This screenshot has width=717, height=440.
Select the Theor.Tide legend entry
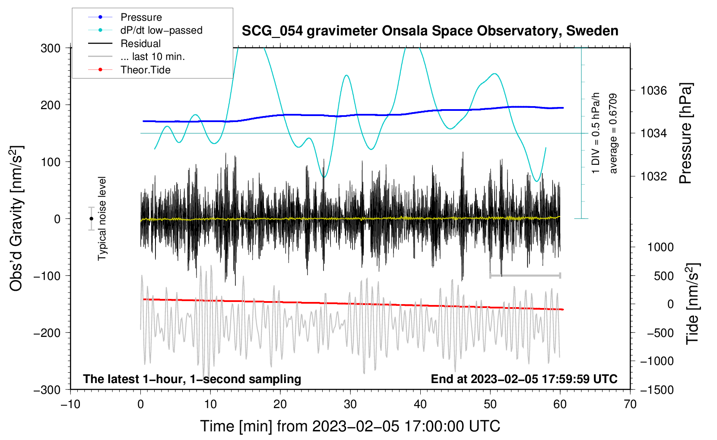[145, 70]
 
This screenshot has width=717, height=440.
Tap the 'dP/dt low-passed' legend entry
[161, 30]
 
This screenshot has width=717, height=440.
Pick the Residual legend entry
[140, 44]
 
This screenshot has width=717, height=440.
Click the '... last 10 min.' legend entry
[152, 57]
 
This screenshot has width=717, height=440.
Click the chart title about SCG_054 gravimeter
[430, 31]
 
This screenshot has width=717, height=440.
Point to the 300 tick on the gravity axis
[51, 48]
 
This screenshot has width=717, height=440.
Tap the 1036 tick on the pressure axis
[654, 91]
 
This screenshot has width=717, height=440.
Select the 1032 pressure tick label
[654, 176]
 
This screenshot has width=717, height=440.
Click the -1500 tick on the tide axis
[657, 390]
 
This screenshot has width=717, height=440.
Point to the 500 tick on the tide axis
[663, 276]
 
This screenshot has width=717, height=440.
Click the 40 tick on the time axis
[420, 404]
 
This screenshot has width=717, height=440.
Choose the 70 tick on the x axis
[630, 404]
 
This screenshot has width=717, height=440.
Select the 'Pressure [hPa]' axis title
[685, 133]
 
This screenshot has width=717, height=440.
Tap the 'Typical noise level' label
[102, 218]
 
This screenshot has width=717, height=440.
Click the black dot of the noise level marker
[91, 219]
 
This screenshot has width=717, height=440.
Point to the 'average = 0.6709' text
[613, 133]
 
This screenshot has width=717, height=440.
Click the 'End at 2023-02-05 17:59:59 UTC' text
[524, 379]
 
